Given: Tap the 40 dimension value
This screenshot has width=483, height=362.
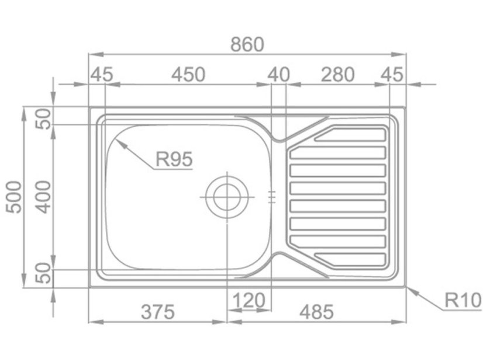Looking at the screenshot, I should click(279, 75).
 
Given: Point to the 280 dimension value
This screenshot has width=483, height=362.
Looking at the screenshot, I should click(337, 75).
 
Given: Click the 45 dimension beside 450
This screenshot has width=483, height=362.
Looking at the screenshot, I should click(101, 75).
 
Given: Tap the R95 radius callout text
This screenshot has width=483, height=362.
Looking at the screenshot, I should click(174, 159).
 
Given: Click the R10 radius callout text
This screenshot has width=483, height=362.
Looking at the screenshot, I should click(463, 301).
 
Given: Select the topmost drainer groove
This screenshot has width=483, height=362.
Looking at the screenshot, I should click(350, 135).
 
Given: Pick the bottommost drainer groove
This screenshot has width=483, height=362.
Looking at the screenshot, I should click(350, 258).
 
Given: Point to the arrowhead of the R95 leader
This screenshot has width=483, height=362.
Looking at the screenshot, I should click(116, 140).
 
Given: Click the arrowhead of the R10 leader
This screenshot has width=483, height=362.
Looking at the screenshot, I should click(408, 288).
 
